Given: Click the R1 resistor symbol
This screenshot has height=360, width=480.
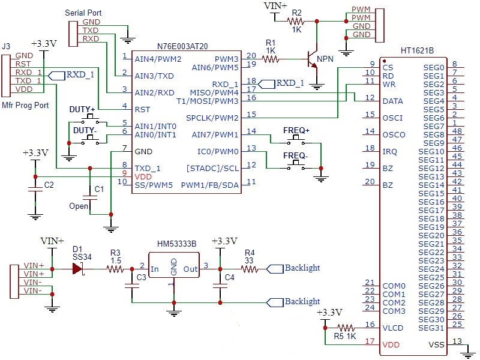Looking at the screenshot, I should (x=271, y=59).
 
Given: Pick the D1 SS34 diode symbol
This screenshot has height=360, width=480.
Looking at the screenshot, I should (x=78, y=269).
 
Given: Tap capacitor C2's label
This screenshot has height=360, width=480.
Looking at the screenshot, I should (x=49, y=184).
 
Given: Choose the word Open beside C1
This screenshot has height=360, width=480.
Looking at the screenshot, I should (x=78, y=206).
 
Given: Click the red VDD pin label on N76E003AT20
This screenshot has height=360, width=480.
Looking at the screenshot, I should (x=142, y=177).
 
